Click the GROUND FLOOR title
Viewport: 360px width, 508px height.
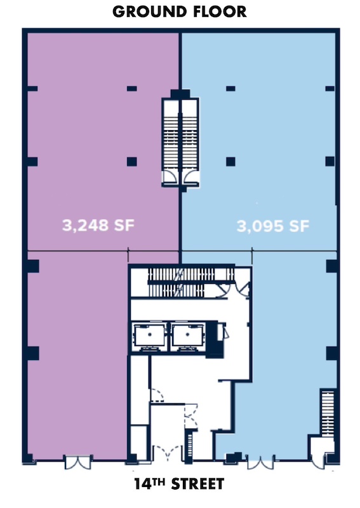click(180, 11)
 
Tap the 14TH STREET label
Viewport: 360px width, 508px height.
click(179, 484)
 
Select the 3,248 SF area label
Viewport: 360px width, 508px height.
click(98, 225)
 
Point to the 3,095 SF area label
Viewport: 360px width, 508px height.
click(273, 226)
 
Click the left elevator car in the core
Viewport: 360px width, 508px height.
click(150, 337)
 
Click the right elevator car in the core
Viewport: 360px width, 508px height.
click(188, 337)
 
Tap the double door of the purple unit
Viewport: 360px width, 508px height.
click(77, 462)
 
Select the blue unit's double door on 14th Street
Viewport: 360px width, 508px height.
click(260, 462)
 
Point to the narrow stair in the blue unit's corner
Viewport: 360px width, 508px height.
click(328, 413)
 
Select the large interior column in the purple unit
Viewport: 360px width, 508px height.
click(131, 161)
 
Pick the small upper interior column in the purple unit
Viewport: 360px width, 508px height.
click(131, 88)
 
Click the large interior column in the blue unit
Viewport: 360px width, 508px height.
click(230, 161)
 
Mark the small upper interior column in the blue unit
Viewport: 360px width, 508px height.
click(230, 88)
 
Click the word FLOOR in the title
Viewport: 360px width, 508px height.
click(220, 11)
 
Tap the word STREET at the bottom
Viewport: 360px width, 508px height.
click(197, 484)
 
